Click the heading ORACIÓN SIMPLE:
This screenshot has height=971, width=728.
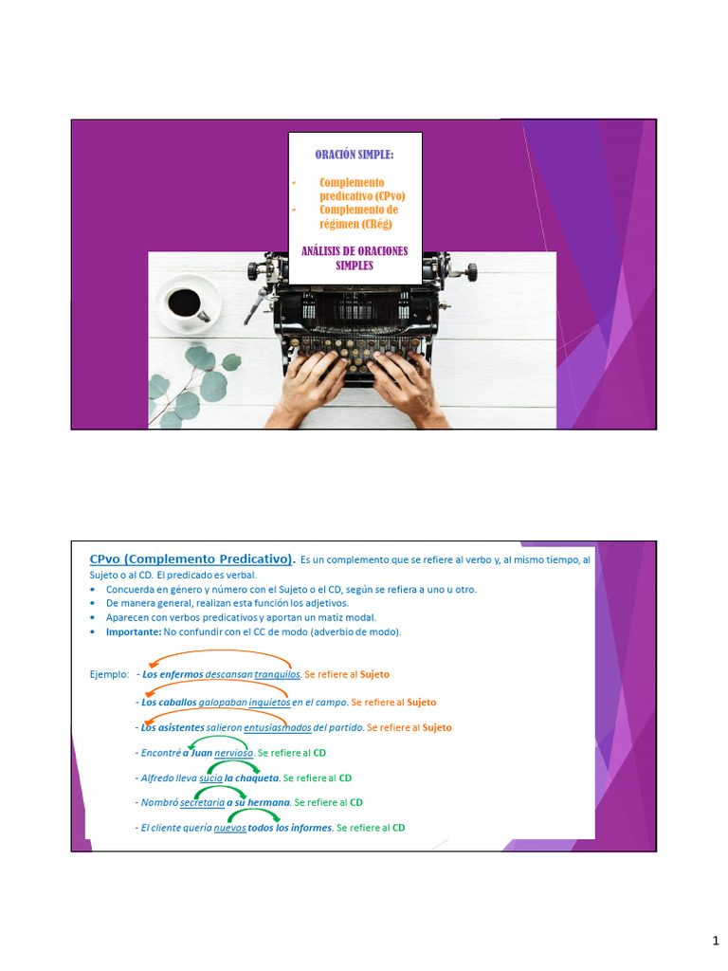354,155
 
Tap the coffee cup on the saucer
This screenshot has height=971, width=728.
185,302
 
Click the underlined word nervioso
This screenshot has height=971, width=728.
234,753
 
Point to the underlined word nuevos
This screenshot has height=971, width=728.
230,827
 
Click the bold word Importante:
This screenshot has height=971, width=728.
134,632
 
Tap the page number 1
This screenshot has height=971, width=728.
716,941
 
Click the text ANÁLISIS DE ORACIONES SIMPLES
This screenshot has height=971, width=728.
354,258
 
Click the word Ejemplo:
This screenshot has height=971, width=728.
109,674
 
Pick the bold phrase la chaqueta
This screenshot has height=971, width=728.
252,778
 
